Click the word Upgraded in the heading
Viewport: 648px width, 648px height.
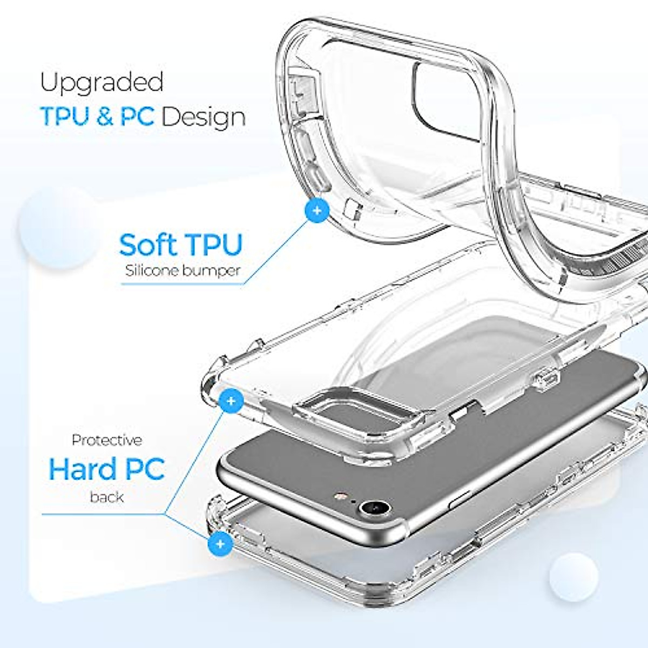102,83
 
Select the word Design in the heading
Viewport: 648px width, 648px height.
203,117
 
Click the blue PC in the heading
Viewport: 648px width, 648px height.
137,117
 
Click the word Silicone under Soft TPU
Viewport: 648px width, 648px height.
151,271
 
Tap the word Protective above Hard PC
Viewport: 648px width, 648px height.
107,440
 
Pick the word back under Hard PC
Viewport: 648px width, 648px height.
107,497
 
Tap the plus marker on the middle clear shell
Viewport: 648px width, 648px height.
231,401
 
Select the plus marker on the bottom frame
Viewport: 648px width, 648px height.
220,543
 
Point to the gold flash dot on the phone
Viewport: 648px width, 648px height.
341,495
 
